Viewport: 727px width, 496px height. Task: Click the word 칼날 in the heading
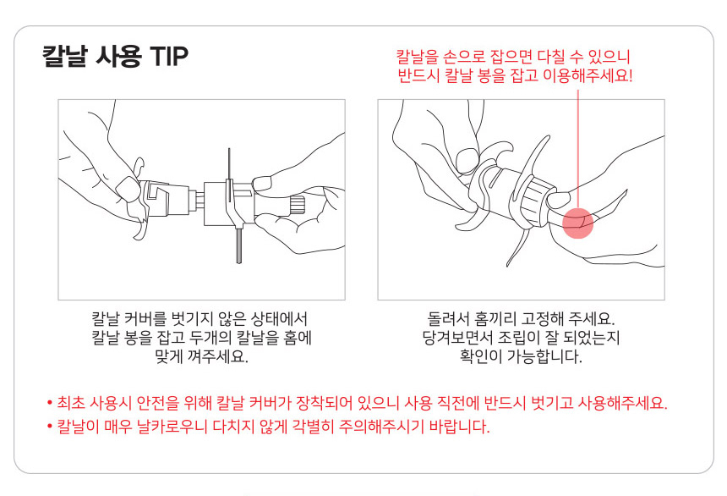[x=64, y=56]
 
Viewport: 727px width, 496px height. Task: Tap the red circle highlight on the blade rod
[x=577, y=223]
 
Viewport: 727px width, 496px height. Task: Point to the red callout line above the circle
[x=577, y=149]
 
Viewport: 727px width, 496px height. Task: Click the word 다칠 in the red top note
[x=551, y=57]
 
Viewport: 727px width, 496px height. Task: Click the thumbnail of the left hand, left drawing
[x=126, y=187]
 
